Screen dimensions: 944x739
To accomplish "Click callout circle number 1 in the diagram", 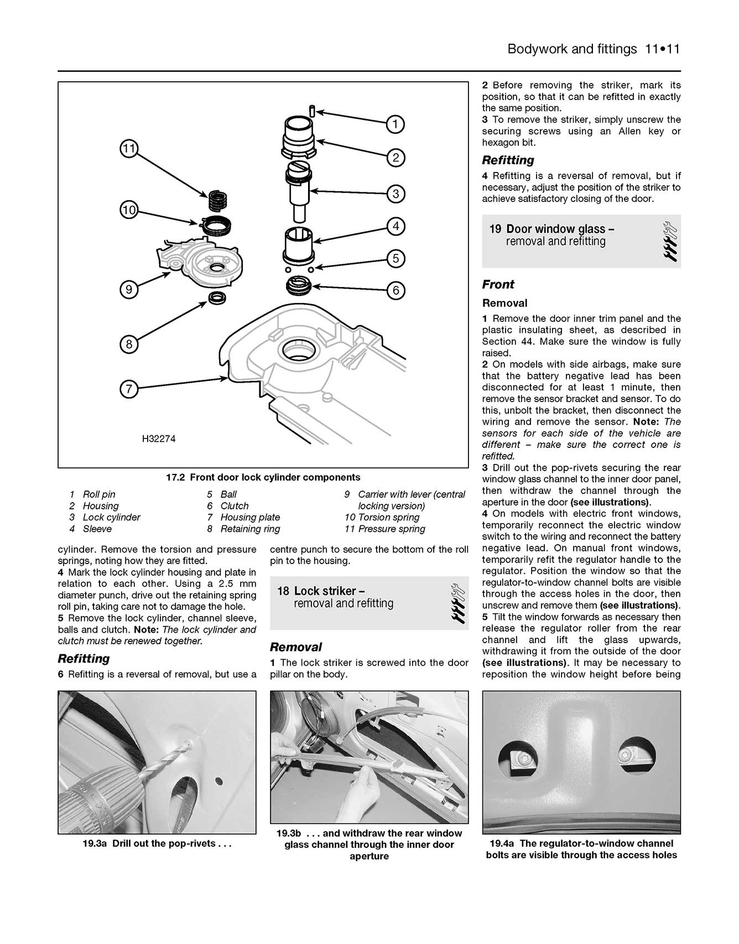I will pyautogui.click(x=395, y=124).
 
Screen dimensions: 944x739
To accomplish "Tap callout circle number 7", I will pyautogui.click(x=129, y=389).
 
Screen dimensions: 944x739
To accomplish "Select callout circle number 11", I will pyautogui.click(x=128, y=148).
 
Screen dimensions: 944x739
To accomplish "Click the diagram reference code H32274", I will pyautogui.click(x=159, y=439).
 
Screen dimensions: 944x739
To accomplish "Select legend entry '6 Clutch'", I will pyautogui.click(x=228, y=506).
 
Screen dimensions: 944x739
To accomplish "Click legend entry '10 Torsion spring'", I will pyautogui.click(x=382, y=518).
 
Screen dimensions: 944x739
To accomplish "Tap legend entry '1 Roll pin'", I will pyautogui.click(x=92, y=494).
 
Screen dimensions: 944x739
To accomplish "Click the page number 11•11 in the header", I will pyautogui.click(x=662, y=49).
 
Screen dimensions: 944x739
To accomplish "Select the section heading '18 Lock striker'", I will pyautogui.click(x=321, y=591).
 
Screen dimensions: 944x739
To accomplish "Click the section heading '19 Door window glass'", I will pyautogui.click(x=552, y=229).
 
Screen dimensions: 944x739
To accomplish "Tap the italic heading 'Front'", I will pyautogui.click(x=498, y=285).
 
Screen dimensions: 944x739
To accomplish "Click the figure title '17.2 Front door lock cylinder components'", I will pyautogui.click(x=263, y=477).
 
